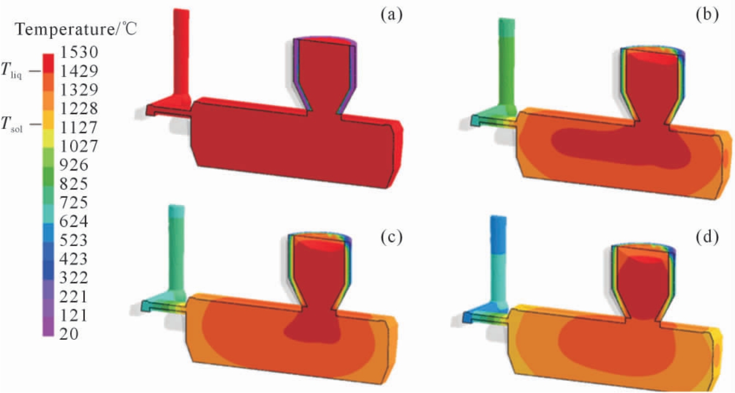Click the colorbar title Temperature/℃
pos(76,30)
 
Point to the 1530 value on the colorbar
pos(79,52)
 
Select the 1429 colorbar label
pos(79,71)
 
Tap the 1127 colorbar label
pos(79,127)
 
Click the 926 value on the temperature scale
pos(74,164)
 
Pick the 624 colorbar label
pos(74,221)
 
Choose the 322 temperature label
pos(74,277)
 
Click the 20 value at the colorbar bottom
pos(69,334)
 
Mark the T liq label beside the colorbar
pos(12,71)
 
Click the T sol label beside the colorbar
pos(12,125)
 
